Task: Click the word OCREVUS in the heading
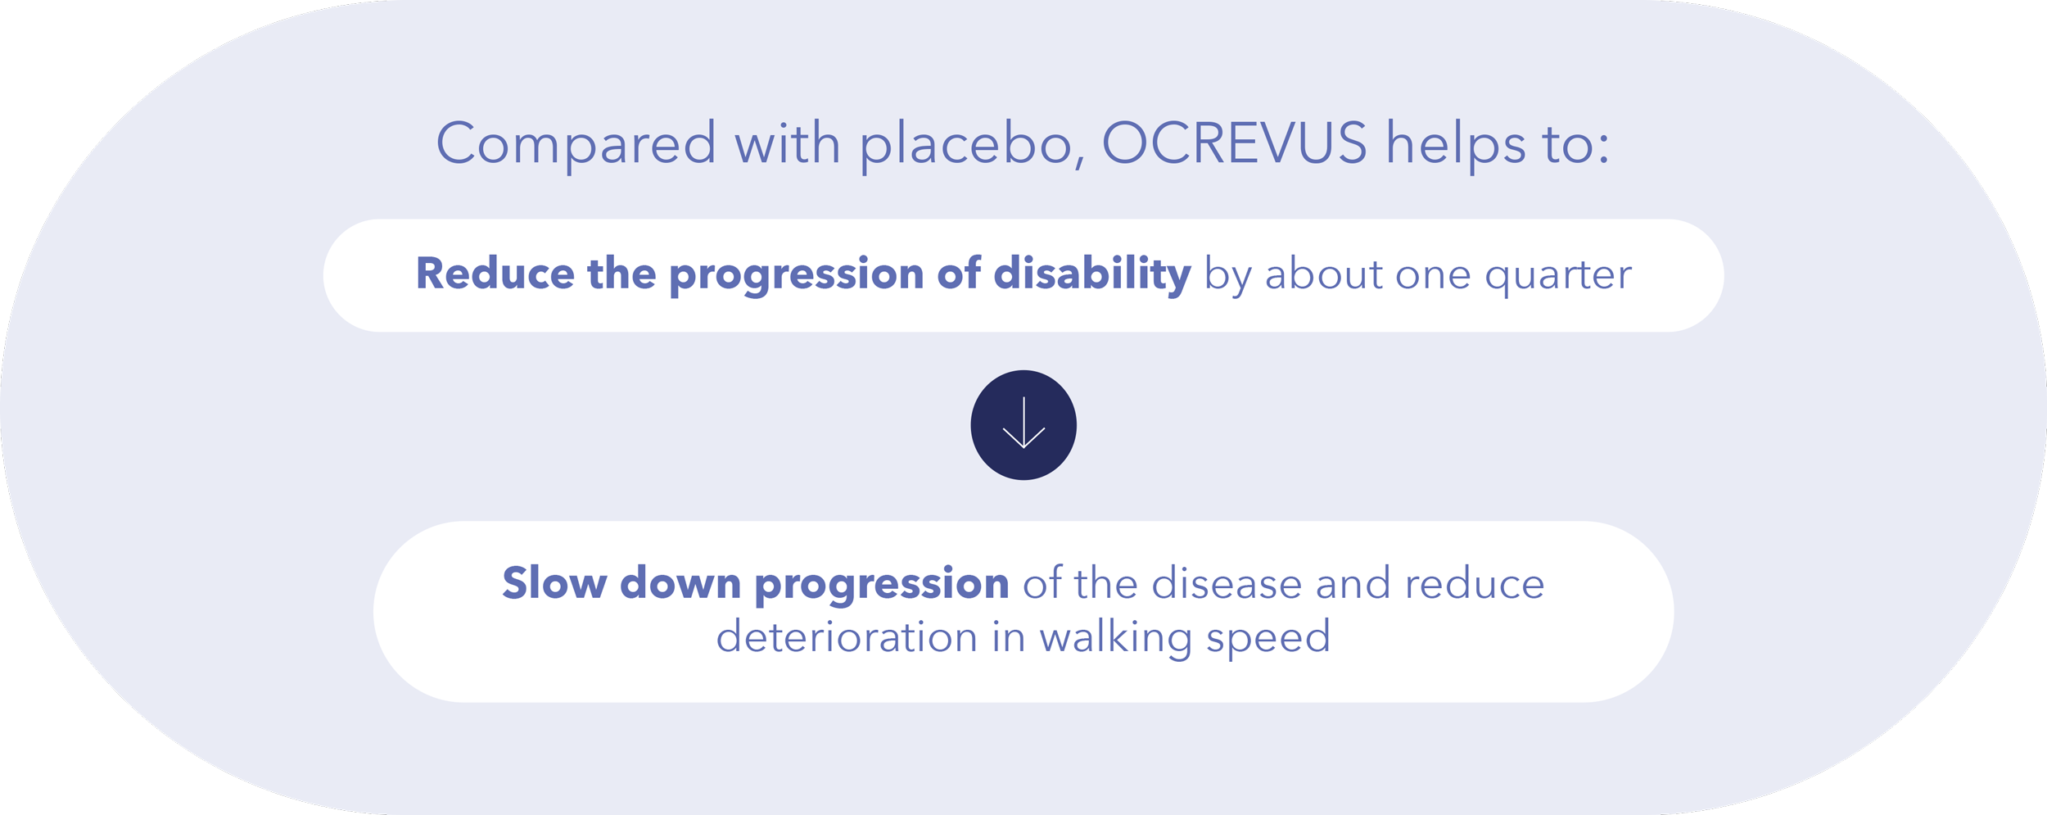1234,143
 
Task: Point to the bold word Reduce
495,274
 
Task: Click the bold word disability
1092,274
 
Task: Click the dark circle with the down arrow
1023,425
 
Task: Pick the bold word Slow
554,583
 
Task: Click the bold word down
680,583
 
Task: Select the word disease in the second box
1227,583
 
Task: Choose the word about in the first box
1323,274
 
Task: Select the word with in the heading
788,143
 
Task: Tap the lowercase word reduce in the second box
1475,583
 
